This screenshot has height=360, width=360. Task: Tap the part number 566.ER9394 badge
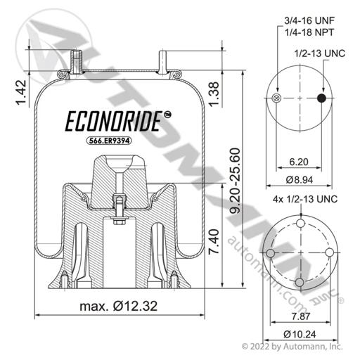[109, 141]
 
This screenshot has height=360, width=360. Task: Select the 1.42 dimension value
[21, 93]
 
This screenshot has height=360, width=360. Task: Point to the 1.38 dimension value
[214, 94]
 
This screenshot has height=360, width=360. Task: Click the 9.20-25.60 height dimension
[235, 181]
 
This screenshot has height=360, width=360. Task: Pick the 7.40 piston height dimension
[214, 241]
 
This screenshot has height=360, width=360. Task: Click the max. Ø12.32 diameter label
[118, 306]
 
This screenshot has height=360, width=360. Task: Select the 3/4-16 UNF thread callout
[309, 20]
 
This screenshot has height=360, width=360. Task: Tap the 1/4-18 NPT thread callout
[309, 32]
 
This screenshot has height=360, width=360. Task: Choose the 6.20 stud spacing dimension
[299, 162]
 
